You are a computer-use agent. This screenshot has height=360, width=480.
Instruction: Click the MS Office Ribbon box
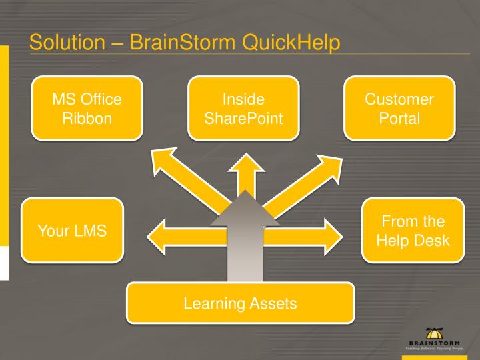87,109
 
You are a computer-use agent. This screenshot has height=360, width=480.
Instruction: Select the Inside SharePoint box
243,109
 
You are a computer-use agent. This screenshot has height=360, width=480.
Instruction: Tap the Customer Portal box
399,109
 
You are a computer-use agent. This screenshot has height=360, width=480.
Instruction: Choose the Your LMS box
72,230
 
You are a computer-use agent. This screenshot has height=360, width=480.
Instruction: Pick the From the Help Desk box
413,230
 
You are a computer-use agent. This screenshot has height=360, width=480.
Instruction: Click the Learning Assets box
240,303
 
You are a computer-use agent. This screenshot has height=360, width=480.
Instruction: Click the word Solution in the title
64,42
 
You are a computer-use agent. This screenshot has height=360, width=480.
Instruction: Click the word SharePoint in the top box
243,119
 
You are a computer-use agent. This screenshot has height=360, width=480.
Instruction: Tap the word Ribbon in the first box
87,119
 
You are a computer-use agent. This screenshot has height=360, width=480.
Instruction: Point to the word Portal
399,119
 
